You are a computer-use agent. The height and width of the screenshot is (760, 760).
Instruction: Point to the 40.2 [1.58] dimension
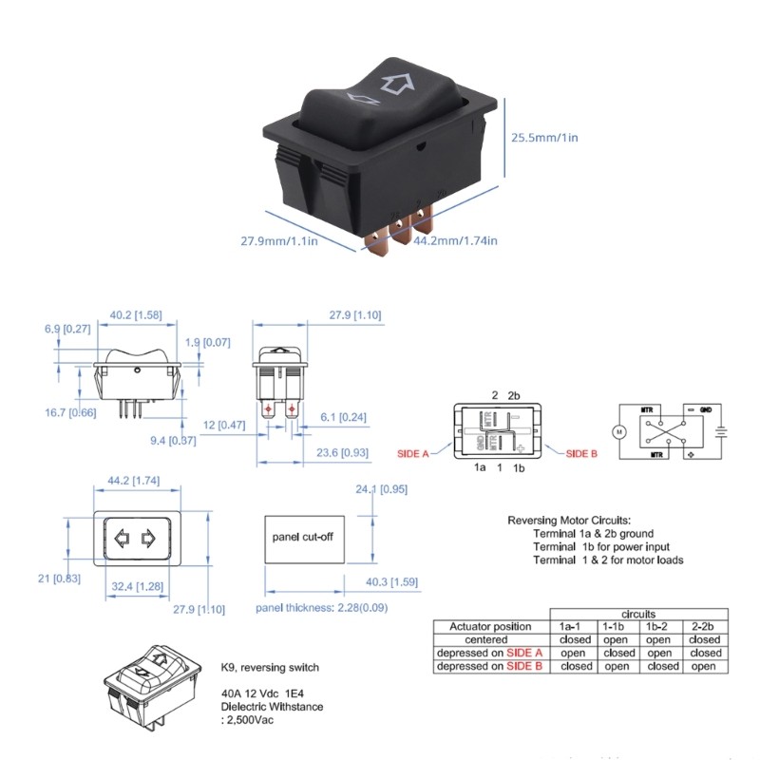point(133,314)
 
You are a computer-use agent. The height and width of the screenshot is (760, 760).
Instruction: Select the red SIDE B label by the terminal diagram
point(581,454)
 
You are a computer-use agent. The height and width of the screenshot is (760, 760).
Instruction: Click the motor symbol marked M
point(619,431)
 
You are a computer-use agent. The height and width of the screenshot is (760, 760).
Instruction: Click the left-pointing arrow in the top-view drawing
point(121,541)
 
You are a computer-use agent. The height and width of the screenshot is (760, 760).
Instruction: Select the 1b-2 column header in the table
point(657,627)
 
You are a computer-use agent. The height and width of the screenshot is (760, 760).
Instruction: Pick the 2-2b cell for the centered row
point(705,639)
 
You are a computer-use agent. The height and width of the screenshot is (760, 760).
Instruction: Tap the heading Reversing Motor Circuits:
point(568,521)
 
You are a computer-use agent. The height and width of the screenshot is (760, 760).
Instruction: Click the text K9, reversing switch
point(270,667)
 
